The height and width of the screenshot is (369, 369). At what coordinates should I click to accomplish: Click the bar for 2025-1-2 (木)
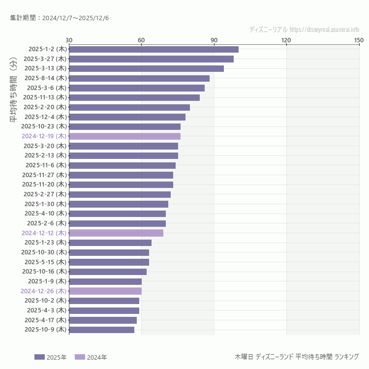click(x=154, y=49)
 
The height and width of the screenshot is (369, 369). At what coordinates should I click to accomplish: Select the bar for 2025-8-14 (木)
click(x=139, y=78)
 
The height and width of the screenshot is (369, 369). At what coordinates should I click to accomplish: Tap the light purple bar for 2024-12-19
click(x=124, y=136)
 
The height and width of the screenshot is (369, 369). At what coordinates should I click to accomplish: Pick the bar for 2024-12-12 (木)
click(x=116, y=233)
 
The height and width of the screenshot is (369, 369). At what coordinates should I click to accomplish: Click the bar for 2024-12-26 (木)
click(x=105, y=291)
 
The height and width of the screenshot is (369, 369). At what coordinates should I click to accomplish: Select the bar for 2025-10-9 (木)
click(x=101, y=330)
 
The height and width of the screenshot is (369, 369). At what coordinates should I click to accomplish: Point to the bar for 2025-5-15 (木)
click(x=109, y=262)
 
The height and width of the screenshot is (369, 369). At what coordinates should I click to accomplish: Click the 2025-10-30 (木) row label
click(x=44, y=252)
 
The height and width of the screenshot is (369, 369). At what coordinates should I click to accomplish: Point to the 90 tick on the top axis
click(x=214, y=40)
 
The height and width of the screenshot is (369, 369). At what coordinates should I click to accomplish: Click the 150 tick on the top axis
click(x=359, y=40)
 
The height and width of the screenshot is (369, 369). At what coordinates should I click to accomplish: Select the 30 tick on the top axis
click(x=69, y=40)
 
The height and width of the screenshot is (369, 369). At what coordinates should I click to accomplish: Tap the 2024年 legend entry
click(x=91, y=357)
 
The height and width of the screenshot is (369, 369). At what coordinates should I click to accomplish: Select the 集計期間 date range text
click(x=60, y=18)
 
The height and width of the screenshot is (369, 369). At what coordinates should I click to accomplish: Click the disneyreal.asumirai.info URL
click(x=324, y=30)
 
